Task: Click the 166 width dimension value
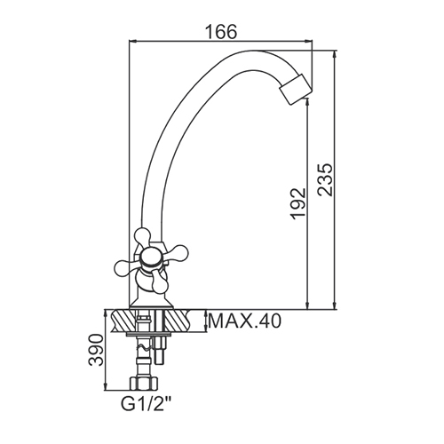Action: pyautogui.click(x=222, y=32)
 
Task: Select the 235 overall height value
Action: pyautogui.click(x=325, y=179)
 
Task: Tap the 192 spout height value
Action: pyautogui.click(x=297, y=203)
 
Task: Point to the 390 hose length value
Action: pyautogui.click(x=97, y=350)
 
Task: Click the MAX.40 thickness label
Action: pyautogui.click(x=244, y=321)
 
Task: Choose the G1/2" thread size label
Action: pyautogui.click(x=147, y=404)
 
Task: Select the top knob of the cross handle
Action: pyautogui.click(x=142, y=236)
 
